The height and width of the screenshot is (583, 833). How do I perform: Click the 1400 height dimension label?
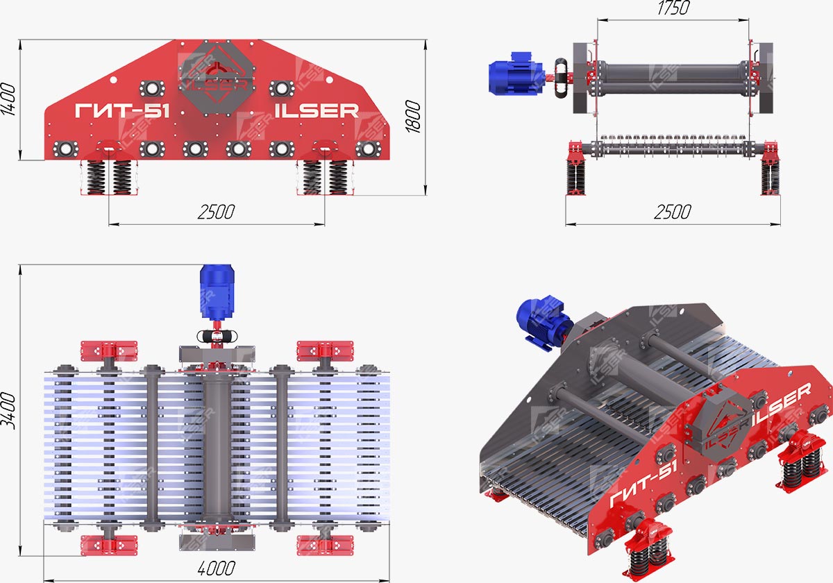click(x=8, y=99)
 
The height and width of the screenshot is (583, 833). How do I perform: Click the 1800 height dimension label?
click(x=413, y=117)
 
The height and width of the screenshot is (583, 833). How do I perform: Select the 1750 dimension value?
click(x=673, y=8)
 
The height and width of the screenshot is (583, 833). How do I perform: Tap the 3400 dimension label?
click(x=8, y=411)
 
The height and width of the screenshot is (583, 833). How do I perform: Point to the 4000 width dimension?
click(x=216, y=568)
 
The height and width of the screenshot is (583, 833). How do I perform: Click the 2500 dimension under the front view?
click(x=216, y=212)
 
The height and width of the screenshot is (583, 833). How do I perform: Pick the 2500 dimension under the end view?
click(x=673, y=212)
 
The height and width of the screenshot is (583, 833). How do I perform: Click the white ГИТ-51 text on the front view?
click(x=122, y=111)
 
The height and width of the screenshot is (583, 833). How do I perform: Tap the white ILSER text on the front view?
click(x=317, y=111)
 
